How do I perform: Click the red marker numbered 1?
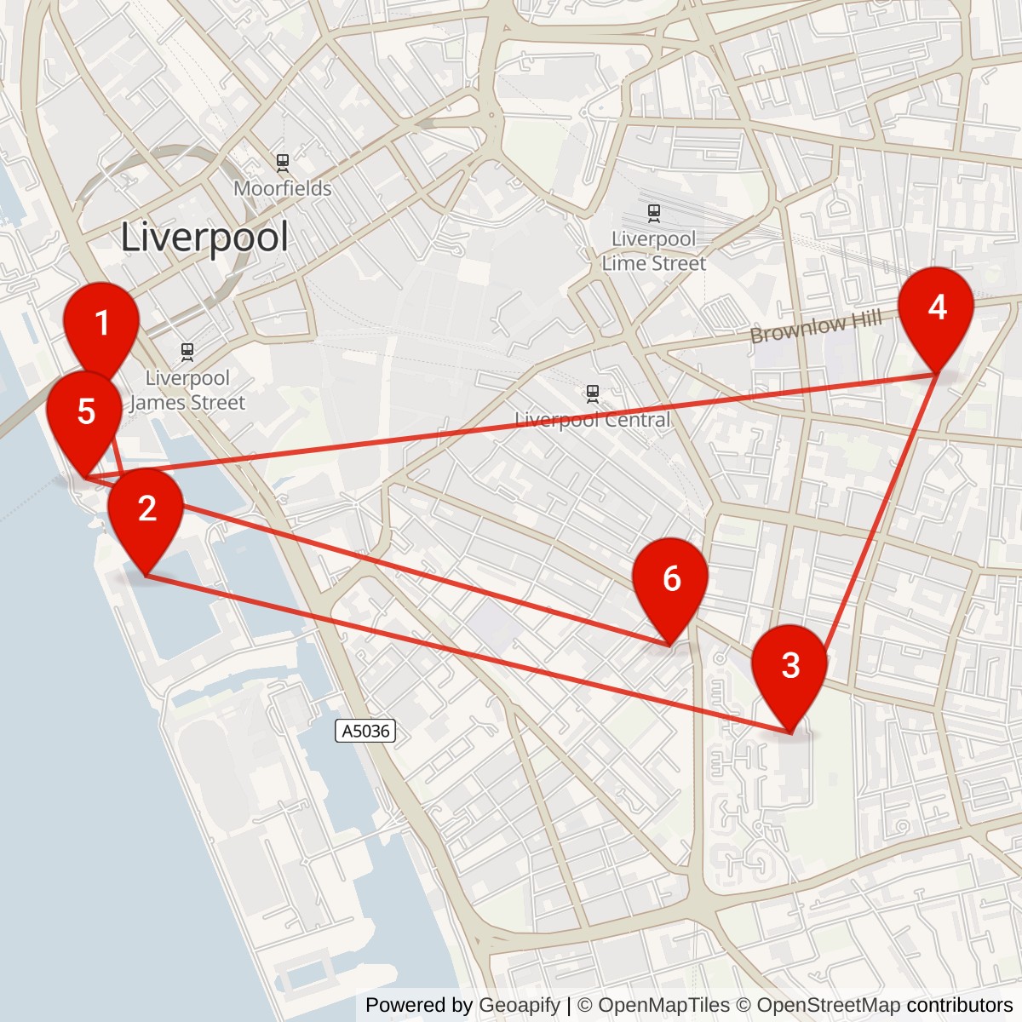pos(102,324)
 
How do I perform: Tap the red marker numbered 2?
pos(146,509)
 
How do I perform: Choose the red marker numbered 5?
pos(85,412)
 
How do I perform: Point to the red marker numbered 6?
pos(671,579)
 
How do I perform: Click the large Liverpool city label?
pos(204,237)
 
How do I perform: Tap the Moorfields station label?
pos(283,188)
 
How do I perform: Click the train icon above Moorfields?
pos(283,161)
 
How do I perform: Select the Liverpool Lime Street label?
pos(653,251)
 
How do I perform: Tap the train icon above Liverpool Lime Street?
pos(653,211)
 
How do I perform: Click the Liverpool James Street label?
pos(187,390)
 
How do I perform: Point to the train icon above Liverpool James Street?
pos(187,351)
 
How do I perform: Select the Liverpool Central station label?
pos(593,420)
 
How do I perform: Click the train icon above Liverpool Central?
pos(593,393)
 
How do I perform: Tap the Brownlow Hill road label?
pos(815,328)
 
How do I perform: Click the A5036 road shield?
pos(365,731)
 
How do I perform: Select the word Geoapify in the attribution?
pos(520,1005)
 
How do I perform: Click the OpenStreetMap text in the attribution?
pos(828,1005)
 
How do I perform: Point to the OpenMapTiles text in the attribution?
pos(664,1005)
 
